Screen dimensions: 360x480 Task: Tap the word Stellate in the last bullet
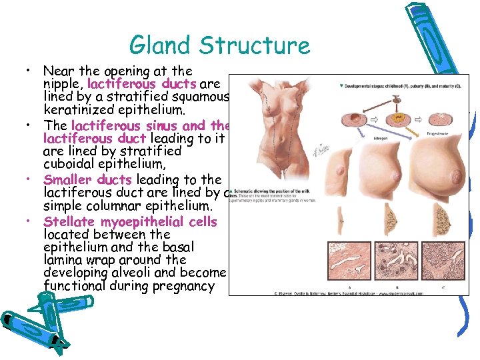click(x=69, y=221)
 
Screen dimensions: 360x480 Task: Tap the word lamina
click(x=65, y=260)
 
